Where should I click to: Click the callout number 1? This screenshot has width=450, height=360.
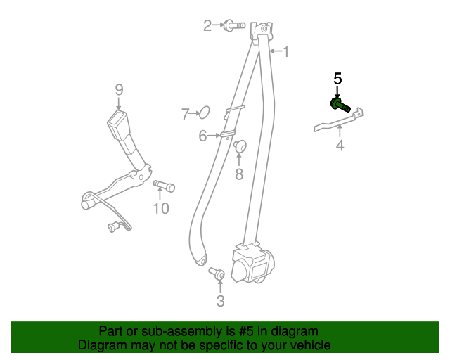coord(285,51)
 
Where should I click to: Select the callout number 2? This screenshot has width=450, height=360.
coord(207,26)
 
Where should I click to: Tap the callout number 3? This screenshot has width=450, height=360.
coord(220,302)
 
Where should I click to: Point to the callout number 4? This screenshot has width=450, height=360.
coord(340,146)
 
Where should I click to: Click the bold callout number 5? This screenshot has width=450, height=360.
coord(337,79)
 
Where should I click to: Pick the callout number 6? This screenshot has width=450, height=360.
coord(202,136)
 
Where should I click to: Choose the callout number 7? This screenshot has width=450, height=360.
coord(186,113)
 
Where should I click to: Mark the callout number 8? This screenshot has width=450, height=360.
coord(239,174)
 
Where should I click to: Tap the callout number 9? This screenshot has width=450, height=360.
coord(119,89)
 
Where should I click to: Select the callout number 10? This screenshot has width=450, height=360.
coord(161,208)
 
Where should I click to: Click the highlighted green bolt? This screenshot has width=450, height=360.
coord(340,105)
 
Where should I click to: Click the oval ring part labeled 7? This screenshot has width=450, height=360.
coord(204,112)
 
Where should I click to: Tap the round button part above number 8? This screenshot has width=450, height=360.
coord(240,147)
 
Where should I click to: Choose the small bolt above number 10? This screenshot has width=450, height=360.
coord(163,186)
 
